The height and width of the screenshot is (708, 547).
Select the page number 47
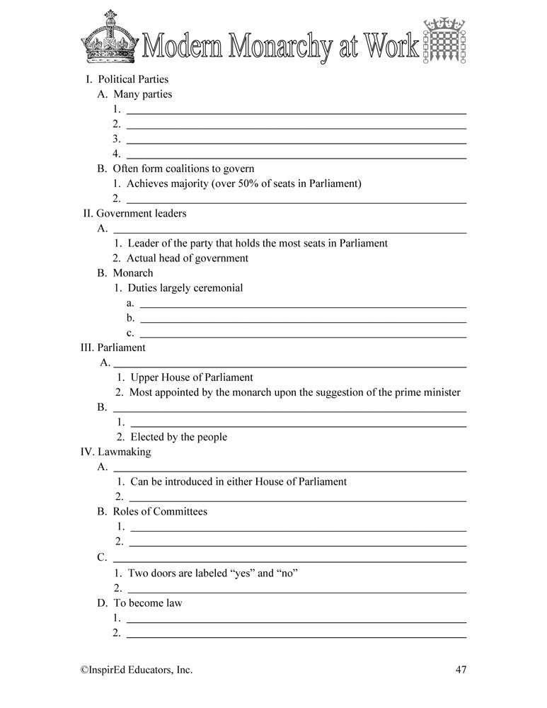click(460, 669)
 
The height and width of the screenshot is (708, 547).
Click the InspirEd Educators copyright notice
click(136, 669)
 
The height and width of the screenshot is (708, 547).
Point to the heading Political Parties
click(133, 79)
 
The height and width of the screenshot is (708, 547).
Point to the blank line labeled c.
click(303, 332)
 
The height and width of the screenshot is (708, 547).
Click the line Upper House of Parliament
click(191, 377)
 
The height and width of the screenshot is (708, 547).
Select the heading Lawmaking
click(124, 452)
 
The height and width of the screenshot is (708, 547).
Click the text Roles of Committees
click(160, 511)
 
